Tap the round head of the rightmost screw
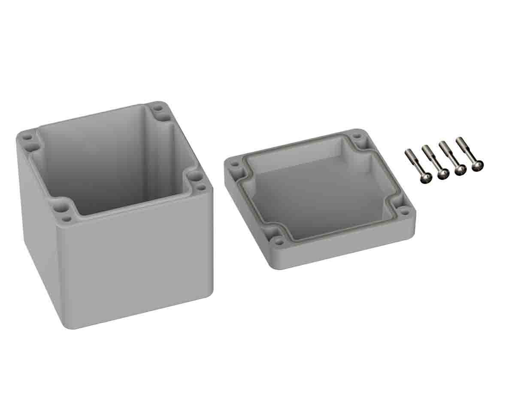click(x=477, y=166)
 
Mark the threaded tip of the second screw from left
click(x=425, y=148)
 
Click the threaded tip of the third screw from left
click(x=442, y=144)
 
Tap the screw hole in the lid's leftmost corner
click(x=234, y=164)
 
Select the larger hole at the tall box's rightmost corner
click(x=194, y=176)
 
